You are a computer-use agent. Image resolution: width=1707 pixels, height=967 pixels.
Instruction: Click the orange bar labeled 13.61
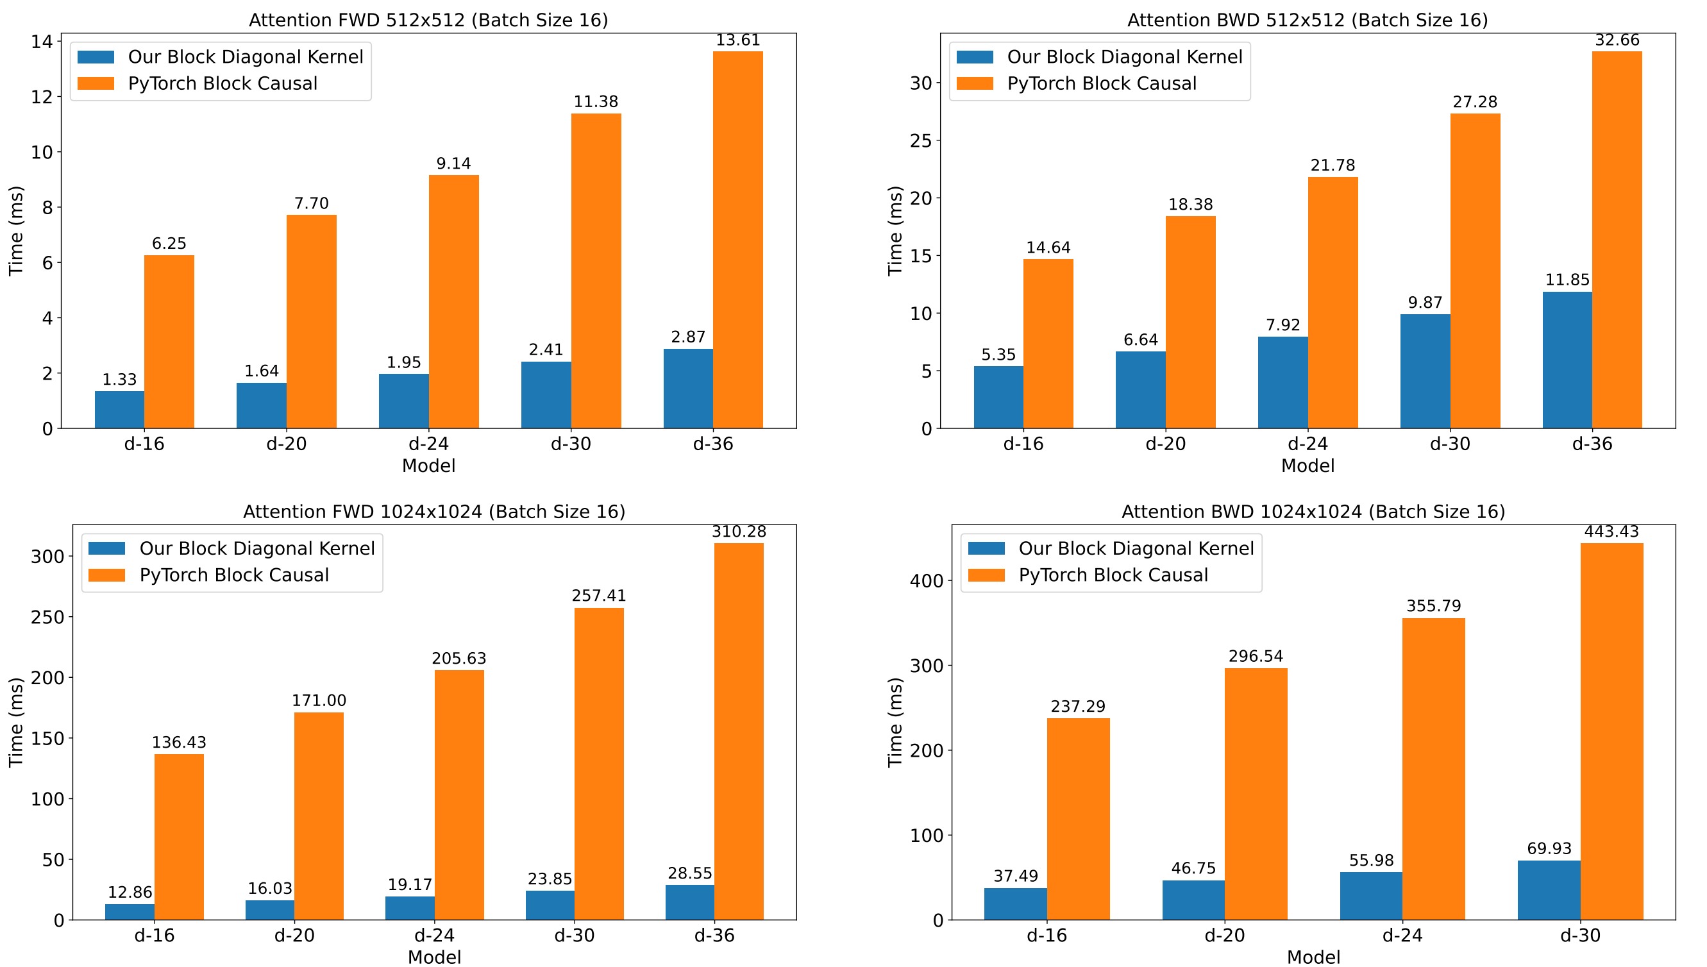737,240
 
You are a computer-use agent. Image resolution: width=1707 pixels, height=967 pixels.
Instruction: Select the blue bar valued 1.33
119,409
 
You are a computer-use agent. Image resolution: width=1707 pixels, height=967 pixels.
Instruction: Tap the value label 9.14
453,164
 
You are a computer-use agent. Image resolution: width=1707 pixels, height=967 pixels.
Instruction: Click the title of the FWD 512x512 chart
428,20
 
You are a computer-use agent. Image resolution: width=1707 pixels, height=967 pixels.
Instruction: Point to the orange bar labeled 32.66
1617,240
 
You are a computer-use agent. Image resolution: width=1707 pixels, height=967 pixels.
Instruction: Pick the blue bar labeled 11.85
1567,360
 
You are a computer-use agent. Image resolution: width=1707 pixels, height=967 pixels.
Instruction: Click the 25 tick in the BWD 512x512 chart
921,141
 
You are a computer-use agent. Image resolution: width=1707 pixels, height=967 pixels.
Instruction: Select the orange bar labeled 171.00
319,816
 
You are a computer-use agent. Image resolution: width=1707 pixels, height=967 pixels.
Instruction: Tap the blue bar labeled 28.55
690,902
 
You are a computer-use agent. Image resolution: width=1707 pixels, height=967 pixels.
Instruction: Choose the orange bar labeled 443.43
1611,731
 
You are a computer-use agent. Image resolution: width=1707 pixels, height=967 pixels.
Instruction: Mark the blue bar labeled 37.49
1015,904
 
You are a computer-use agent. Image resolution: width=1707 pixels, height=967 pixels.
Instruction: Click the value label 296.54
1256,656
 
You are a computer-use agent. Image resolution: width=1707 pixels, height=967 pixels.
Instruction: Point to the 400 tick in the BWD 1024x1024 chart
926,581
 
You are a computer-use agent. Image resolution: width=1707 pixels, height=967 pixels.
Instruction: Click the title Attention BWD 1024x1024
1313,512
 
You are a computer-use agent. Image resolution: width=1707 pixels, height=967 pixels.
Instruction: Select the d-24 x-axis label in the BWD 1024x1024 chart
1402,935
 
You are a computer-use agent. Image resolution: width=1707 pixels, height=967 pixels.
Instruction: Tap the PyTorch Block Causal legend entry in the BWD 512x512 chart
1102,83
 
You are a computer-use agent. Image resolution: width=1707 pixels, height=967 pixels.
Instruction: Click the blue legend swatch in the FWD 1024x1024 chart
106,549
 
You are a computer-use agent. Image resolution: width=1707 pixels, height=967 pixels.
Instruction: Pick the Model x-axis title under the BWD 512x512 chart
1308,466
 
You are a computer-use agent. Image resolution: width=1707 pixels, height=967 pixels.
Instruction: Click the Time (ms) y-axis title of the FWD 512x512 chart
16,230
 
